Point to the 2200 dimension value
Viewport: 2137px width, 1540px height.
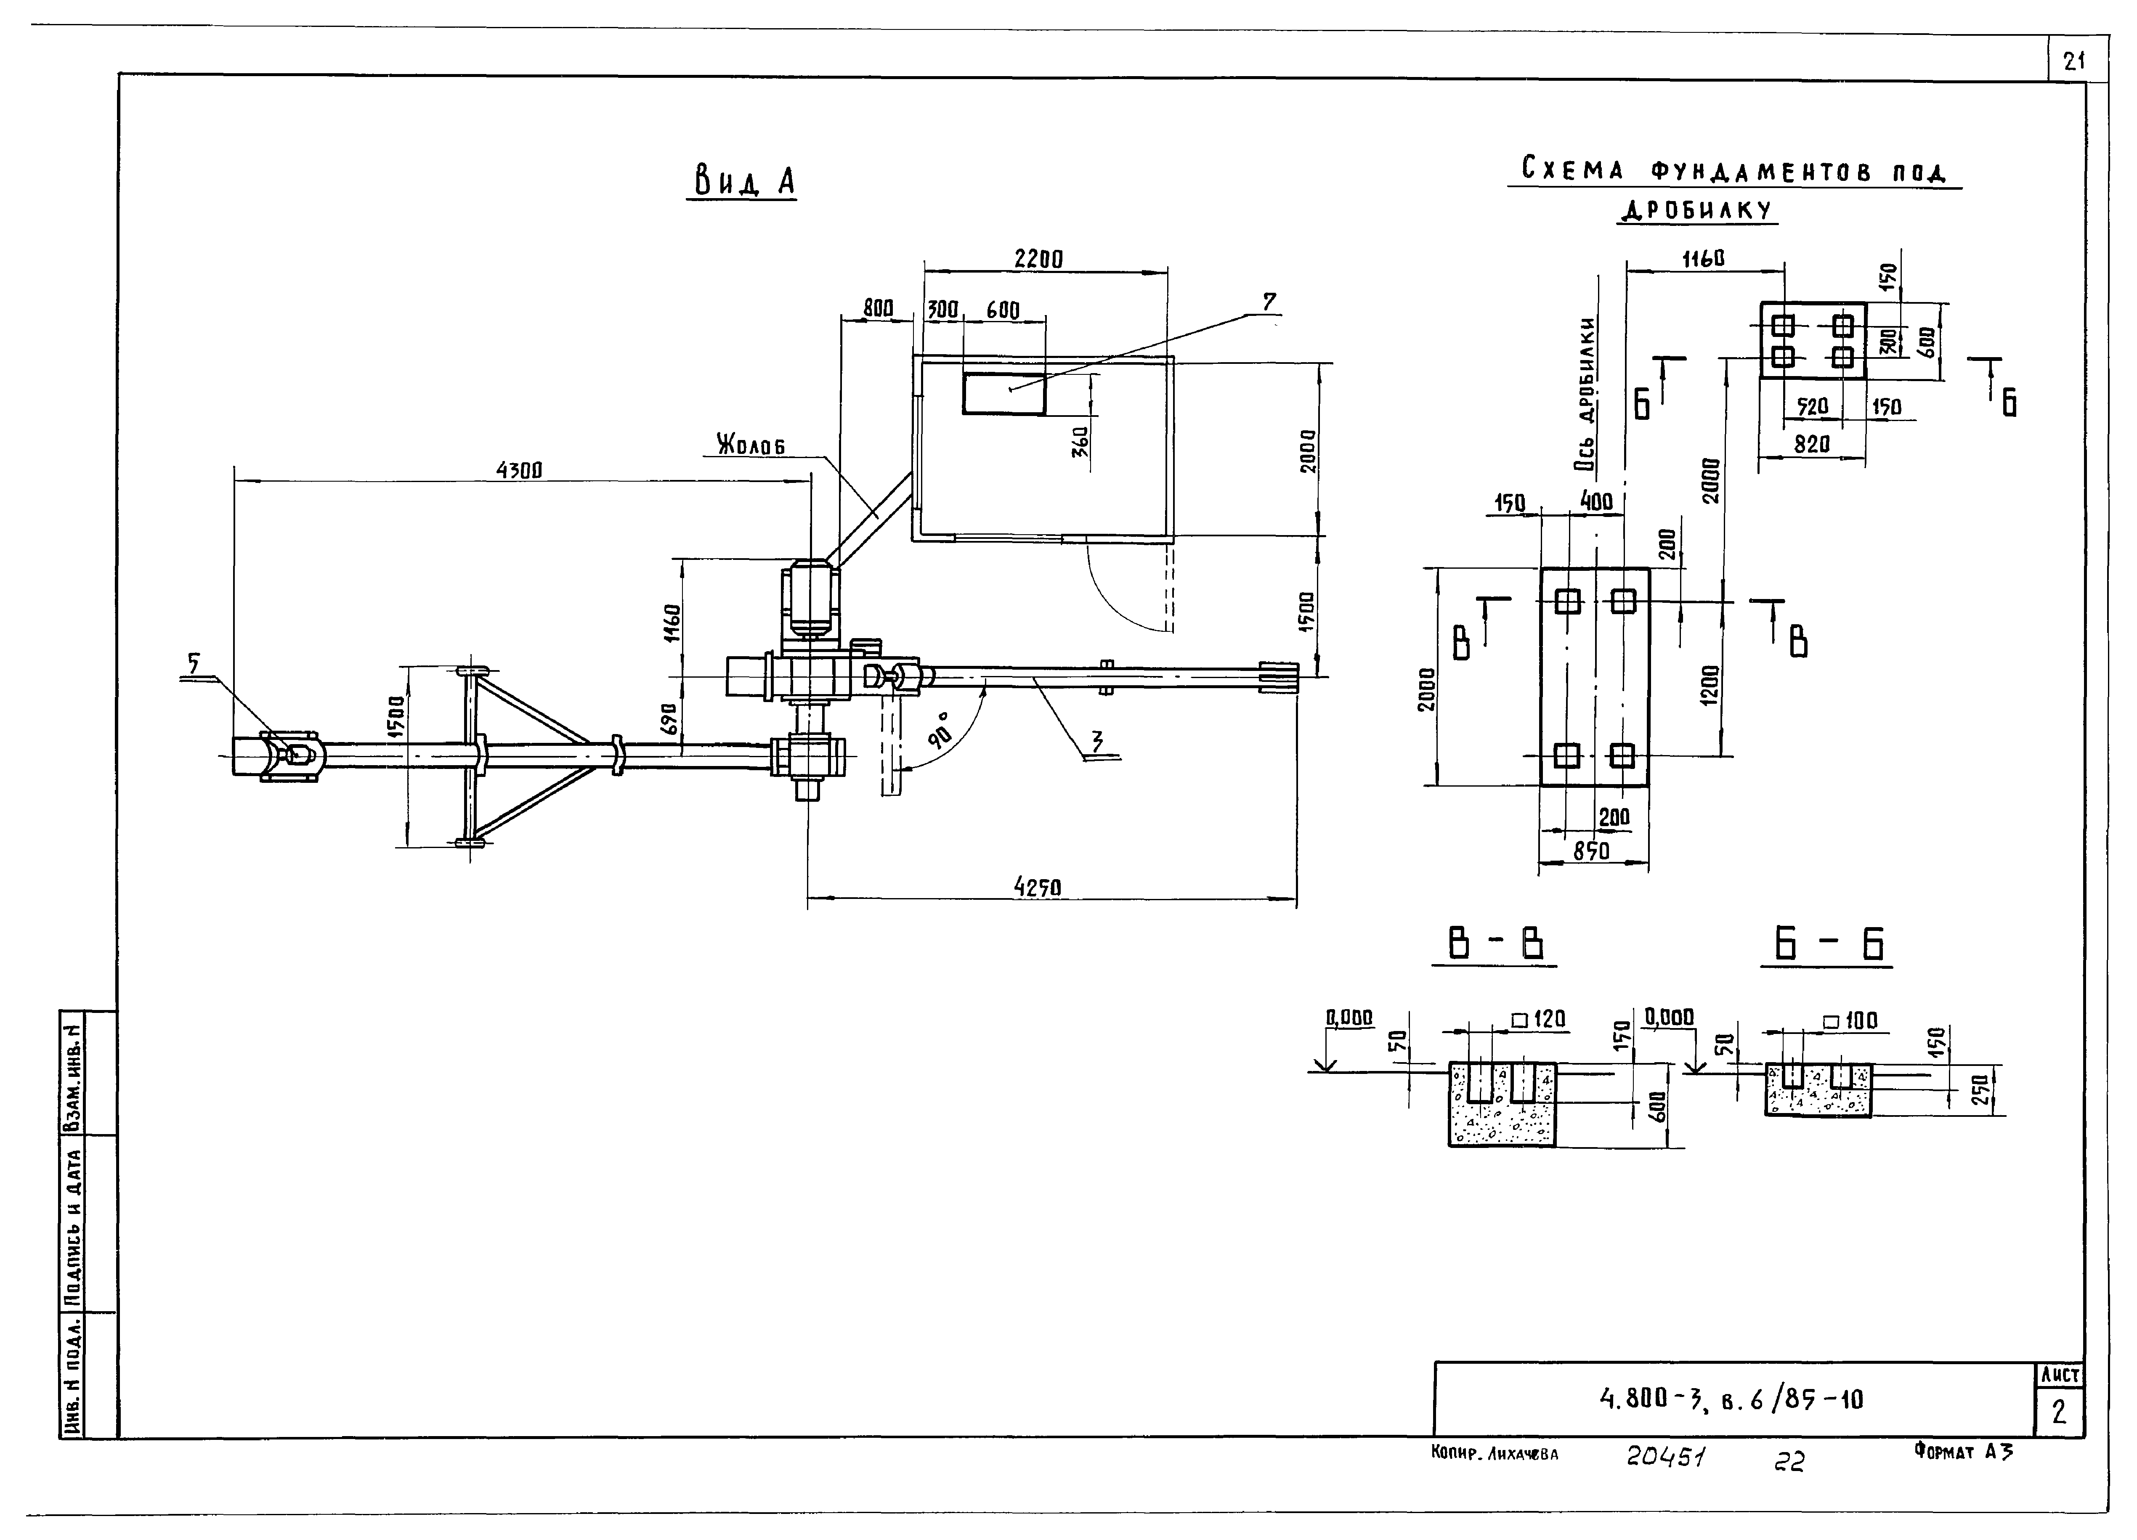click(x=1038, y=258)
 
